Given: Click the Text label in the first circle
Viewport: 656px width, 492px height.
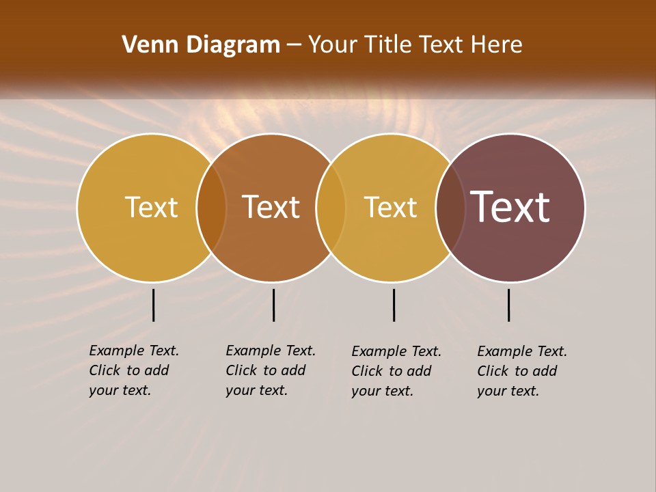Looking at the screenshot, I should click(151, 207).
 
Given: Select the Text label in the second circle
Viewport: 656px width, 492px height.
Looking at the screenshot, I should click(271, 207).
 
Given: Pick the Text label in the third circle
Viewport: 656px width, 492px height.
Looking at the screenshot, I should click(390, 207).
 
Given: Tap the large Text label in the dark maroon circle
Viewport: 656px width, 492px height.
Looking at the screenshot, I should click(510, 207).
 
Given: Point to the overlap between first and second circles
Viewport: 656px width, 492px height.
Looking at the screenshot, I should click(212, 208).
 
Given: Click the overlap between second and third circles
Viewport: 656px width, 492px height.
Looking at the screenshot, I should click(331, 208).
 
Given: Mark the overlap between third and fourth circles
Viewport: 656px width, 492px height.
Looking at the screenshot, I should click(450, 208).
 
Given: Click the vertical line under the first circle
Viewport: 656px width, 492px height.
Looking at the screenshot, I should click(154, 305).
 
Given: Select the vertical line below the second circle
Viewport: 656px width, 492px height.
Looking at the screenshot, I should click(273, 305).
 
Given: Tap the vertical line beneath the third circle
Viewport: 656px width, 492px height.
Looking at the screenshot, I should click(394, 305).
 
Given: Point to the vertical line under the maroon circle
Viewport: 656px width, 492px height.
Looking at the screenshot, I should click(509, 305).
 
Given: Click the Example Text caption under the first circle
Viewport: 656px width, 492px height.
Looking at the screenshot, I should click(133, 370).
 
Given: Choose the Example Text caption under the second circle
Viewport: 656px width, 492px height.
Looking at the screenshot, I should click(270, 370).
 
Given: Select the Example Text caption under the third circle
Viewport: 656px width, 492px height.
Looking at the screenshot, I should click(396, 371).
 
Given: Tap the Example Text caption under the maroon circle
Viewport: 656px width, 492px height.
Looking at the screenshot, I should click(521, 371).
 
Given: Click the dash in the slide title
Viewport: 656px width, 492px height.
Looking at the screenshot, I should click(294, 45).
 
